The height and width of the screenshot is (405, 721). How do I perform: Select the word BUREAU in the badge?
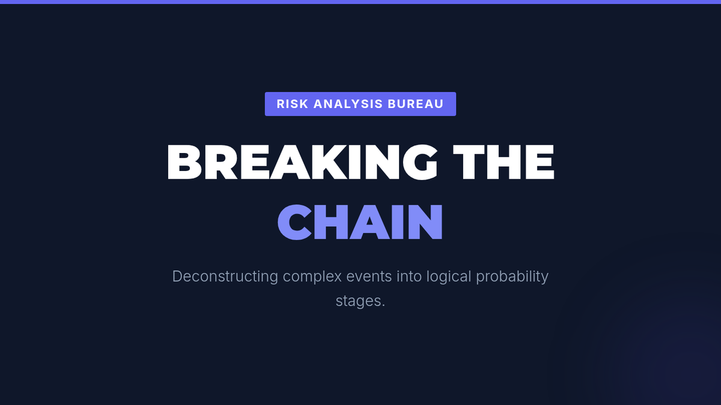point(416,104)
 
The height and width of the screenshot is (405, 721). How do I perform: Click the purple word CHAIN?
point(360,222)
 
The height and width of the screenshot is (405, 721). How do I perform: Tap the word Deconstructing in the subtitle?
point(225,277)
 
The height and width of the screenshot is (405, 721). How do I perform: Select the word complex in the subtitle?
point(312,277)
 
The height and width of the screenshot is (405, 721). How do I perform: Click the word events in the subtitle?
point(369,277)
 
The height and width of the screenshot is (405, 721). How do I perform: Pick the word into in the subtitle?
point(409,277)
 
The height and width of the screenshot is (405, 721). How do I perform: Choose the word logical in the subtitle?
point(449,277)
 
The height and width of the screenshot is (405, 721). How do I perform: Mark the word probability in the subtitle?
point(512,277)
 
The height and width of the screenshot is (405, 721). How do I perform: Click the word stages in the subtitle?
point(359,301)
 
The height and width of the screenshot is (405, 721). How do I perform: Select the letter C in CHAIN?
point(294,222)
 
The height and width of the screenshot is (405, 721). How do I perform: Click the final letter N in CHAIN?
point(425,222)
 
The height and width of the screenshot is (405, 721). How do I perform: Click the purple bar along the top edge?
point(360,2)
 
